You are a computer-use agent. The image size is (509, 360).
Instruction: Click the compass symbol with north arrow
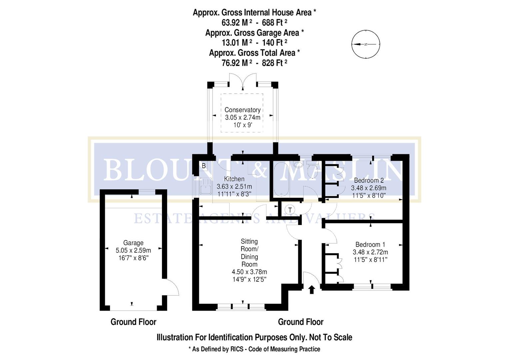click(x=366, y=44)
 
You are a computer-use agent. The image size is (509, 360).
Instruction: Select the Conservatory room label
click(x=242, y=110)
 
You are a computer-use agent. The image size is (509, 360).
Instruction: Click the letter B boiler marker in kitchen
click(x=204, y=166)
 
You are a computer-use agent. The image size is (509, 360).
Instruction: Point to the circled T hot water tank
click(x=290, y=210)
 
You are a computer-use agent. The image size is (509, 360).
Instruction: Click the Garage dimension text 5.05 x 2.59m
click(x=133, y=250)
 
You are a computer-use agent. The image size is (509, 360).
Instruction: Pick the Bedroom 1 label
click(x=370, y=244)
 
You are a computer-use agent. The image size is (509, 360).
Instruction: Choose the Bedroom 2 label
click(x=369, y=180)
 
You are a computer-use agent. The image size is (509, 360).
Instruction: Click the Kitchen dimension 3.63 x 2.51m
click(x=234, y=186)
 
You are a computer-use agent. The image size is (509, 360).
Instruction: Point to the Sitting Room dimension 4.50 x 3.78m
click(x=249, y=272)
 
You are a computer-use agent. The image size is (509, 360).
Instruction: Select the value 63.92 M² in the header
click(x=237, y=23)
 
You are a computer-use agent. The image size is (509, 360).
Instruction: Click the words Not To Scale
click(x=330, y=337)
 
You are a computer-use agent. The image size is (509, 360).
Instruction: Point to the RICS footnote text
click(x=254, y=349)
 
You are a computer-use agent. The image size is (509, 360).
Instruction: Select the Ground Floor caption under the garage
click(x=133, y=322)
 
